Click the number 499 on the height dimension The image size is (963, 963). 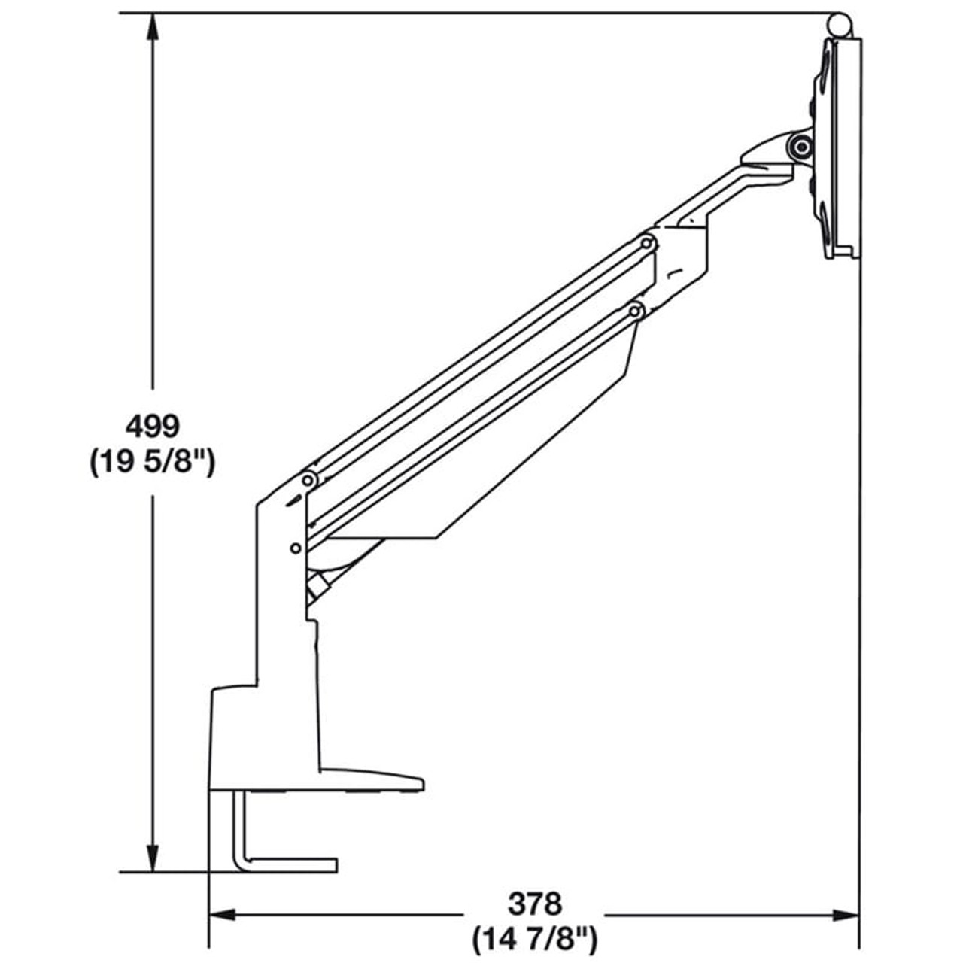coord(153,427)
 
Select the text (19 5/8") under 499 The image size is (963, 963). coord(153,462)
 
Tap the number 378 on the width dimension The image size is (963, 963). coord(535,902)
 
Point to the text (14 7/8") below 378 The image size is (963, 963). coord(535,938)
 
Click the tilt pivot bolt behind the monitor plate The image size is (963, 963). coord(802,145)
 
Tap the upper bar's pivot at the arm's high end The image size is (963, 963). coord(646,243)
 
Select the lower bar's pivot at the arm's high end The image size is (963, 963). coord(636,310)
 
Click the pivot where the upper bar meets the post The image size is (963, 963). coord(308,480)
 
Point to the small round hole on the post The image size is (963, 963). coord(296,547)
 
